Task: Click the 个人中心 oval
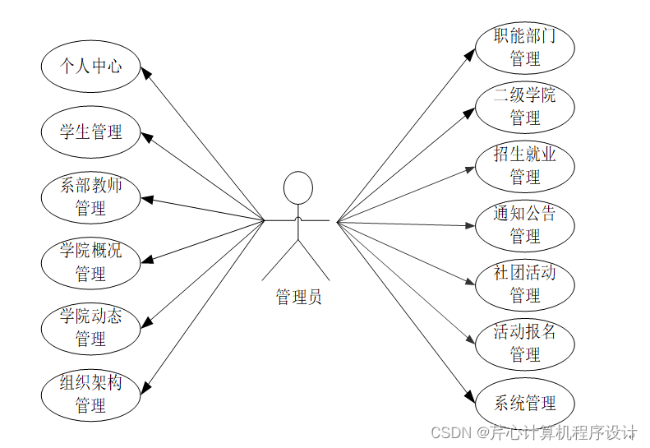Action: [x=90, y=67]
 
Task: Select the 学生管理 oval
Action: [x=90, y=132]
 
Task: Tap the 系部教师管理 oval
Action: [x=90, y=196]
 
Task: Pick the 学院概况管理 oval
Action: [x=90, y=261]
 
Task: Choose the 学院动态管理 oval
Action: [x=90, y=327]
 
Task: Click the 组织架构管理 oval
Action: [x=90, y=393]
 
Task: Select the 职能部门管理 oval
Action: [x=524, y=47]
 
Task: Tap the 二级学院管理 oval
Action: [x=524, y=106]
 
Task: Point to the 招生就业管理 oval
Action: [x=524, y=165]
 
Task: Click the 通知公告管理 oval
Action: [x=524, y=224]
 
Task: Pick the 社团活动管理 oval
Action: [x=524, y=284]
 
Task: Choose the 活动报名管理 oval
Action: [x=524, y=343]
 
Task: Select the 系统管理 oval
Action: [x=524, y=404]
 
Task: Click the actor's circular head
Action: [x=297, y=187]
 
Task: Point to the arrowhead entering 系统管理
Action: [x=470, y=395]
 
